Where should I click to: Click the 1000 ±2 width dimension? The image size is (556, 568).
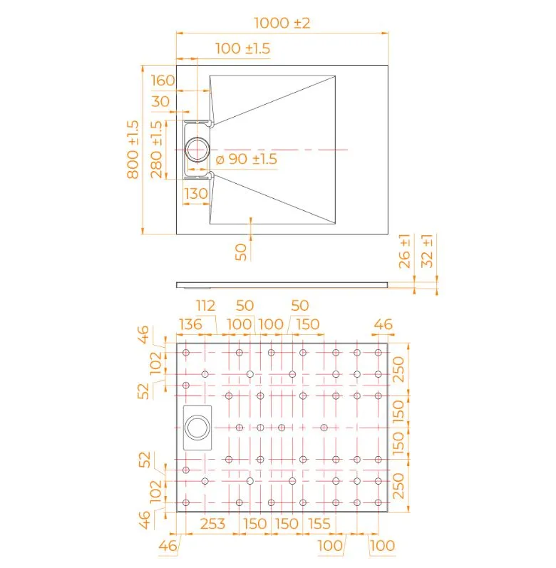pyautogui.click(x=282, y=24)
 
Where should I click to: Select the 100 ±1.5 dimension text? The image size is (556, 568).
pyautogui.click(x=242, y=48)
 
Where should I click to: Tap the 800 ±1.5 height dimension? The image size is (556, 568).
pyautogui.click(x=133, y=150)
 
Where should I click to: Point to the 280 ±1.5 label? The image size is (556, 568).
pyautogui.click(x=157, y=150)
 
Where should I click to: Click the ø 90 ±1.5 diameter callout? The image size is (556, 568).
pyautogui.click(x=247, y=159)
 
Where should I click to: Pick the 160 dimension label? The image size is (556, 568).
pyautogui.click(x=163, y=81)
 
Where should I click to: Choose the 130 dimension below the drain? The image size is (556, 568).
pyautogui.click(x=196, y=194)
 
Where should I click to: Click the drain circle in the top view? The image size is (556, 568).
pyautogui.click(x=197, y=150)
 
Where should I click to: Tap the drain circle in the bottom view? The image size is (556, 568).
pyautogui.click(x=197, y=428)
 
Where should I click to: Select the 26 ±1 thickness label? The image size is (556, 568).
pyautogui.click(x=405, y=251)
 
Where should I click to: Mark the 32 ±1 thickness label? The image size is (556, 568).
pyautogui.click(x=428, y=251)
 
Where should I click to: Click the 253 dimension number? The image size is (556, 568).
pyautogui.click(x=212, y=524)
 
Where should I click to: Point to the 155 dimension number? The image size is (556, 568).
pyautogui.click(x=319, y=524)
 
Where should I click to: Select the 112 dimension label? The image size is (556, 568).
pyautogui.click(x=206, y=306)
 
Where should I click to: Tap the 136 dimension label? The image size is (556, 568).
pyautogui.click(x=190, y=324)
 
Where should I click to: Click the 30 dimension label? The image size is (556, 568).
pyautogui.click(x=160, y=101)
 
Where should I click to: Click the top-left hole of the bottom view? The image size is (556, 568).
pyautogui.click(x=186, y=353)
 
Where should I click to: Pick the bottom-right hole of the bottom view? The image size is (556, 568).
pyautogui.click(x=379, y=502)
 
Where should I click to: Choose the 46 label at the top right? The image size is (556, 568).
pyautogui.click(x=383, y=324)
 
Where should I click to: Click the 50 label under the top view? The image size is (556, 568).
pyautogui.click(x=241, y=252)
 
